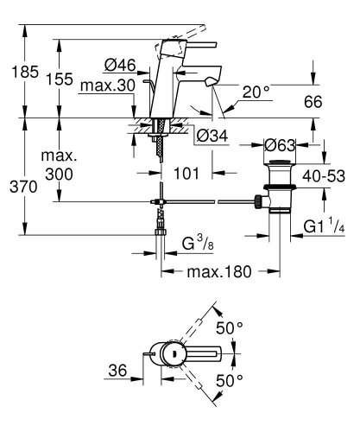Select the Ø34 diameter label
point(209,136)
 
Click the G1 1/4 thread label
point(325,228)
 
